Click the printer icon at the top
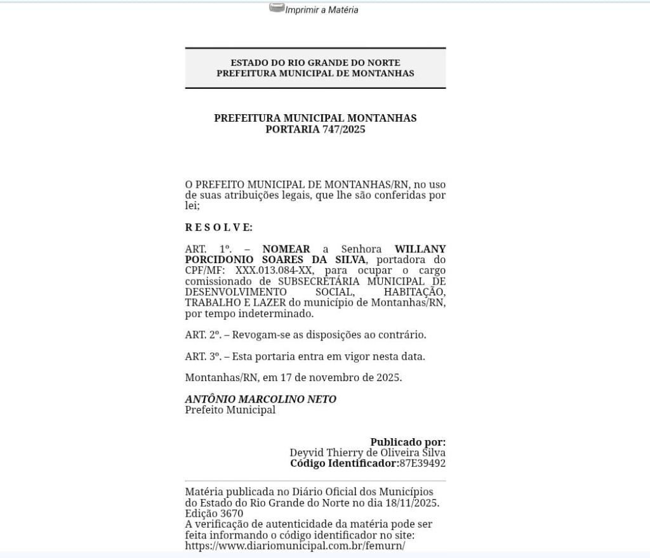277,8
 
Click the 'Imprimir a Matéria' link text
322,10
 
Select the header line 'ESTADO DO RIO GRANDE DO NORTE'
315,63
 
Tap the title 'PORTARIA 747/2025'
315,129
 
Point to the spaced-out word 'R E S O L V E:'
218,228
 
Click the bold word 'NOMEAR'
286,249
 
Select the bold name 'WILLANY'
420,249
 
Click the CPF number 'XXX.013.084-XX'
269,271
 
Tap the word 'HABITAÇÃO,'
415,292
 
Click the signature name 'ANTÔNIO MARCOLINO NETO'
260,399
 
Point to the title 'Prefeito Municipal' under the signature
230,410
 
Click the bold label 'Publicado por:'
408,442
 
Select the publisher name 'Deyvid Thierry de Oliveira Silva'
368,453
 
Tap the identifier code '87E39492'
422,464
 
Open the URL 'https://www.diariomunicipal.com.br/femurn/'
295,546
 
